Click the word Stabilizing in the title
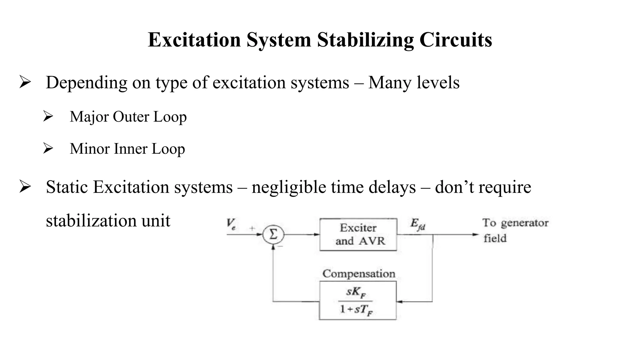365,40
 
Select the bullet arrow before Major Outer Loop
48,116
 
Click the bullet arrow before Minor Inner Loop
48,148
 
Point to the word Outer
131,117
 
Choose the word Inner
131,149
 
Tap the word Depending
86,83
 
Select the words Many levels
414,83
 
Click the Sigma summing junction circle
273,234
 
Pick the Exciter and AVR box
358,234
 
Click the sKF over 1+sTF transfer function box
357,300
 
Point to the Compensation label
359,274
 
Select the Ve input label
231,224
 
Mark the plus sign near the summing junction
252,228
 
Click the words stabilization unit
108,221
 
